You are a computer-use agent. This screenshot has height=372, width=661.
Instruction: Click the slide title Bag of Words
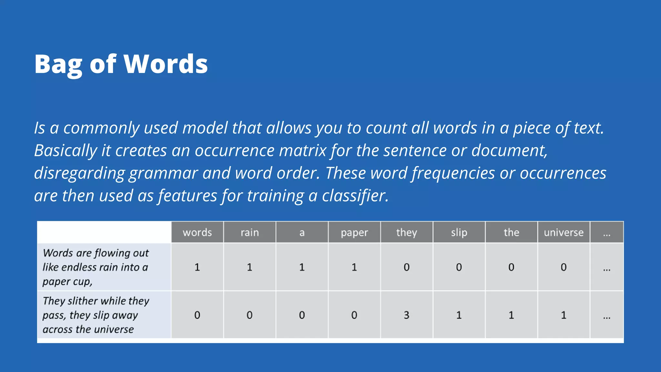pos(121,64)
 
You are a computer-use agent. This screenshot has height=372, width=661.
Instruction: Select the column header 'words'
pos(197,232)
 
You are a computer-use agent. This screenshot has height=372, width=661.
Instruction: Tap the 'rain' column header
pos(249,232)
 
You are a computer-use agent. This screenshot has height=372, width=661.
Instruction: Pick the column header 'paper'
pos(354,232)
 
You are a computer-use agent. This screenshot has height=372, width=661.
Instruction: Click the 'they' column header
pos(406,232)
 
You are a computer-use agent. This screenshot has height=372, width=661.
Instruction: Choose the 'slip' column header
pos(459,232)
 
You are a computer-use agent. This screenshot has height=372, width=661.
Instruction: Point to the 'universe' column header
pos(564,232)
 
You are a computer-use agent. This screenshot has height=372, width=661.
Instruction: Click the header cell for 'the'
pos(511,232)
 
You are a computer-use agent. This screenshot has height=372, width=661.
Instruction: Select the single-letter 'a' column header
pos(302,232)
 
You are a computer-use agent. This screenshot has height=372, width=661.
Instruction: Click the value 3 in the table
pos(406,315)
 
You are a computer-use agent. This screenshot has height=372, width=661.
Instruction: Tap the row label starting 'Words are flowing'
pos(96,267)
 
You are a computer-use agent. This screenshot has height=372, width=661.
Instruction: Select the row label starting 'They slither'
pos(96,315)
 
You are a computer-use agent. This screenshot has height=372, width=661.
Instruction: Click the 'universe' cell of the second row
pos(564,315)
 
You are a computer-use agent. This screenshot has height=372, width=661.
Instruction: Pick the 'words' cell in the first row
pos(197,267)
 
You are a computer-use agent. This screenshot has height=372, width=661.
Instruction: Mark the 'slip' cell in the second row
pos(459,315)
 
